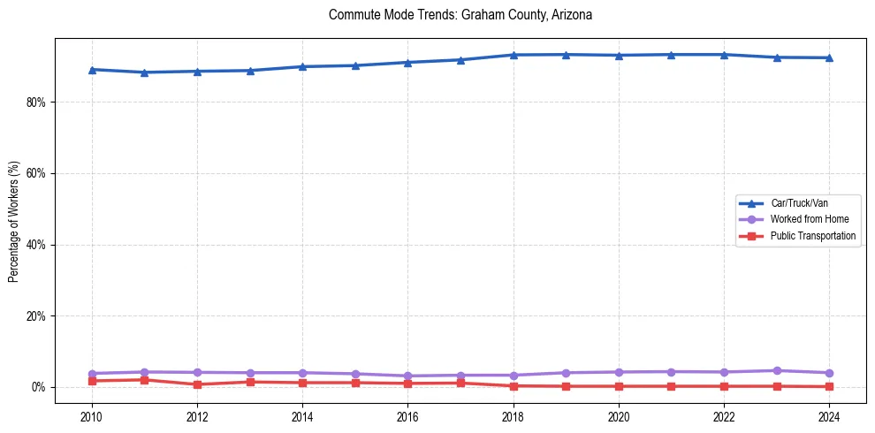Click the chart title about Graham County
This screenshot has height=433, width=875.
pos(460,15)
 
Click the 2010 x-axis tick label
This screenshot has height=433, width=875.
pos(92,416)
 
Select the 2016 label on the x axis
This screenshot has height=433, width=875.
pos(407,416)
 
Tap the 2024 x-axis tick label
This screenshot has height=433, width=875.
pos(829,416)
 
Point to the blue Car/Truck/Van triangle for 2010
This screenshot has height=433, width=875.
pos(92,69)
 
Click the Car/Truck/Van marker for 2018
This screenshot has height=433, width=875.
pos(514,55)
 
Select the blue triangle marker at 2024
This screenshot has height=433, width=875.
pos(829,57)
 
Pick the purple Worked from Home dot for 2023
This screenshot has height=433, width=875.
pos(777,370)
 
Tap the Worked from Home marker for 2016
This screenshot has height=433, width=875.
pos(407,376)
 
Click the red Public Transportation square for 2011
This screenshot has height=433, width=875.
pos(144,380)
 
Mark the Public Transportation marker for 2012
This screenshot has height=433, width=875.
pos(197,384)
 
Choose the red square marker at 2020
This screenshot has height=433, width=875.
pos(619,386)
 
